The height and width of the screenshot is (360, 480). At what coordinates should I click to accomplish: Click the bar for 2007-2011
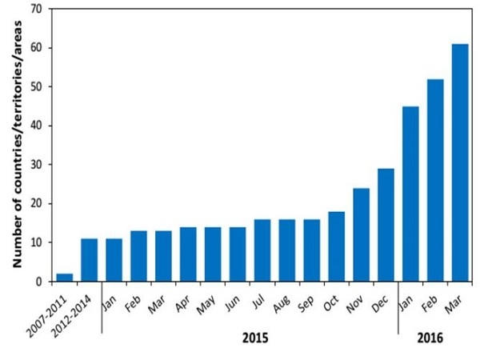pos(65,278)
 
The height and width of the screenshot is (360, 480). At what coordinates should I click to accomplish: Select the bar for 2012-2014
pos(89,260)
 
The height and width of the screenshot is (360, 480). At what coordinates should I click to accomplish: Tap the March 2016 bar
pos(460,162)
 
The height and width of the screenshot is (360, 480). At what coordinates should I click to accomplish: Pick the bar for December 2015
pos(386,225)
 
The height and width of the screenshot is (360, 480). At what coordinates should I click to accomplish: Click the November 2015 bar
pos(362,234)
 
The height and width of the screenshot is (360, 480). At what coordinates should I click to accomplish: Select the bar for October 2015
pos(337,246)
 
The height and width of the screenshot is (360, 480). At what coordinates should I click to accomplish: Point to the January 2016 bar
pos(411,194)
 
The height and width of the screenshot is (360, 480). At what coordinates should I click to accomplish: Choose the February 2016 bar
pos(435,180)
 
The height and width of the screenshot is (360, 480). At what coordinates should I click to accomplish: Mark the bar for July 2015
pos(262,250)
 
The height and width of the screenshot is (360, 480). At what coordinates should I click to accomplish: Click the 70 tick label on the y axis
pos(37,9)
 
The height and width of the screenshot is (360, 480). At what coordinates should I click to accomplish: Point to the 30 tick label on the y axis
pos(37,165)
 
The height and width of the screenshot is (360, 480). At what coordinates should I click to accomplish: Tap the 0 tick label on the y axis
pos(39,282)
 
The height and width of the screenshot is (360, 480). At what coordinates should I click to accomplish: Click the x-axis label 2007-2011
pos(46,317)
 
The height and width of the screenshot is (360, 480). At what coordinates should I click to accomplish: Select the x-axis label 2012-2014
pos(71,317)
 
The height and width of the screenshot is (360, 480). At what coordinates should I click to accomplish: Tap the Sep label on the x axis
pos(306,304)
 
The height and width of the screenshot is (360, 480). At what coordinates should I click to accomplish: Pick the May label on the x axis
pos(206,305)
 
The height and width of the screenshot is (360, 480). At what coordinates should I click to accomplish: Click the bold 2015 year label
pos(255,338)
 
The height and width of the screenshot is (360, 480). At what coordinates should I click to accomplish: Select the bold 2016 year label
pos(430,338)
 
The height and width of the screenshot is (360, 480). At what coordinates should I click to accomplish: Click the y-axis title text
pos(18,144)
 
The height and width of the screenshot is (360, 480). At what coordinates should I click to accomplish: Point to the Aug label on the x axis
pos(282,304)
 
